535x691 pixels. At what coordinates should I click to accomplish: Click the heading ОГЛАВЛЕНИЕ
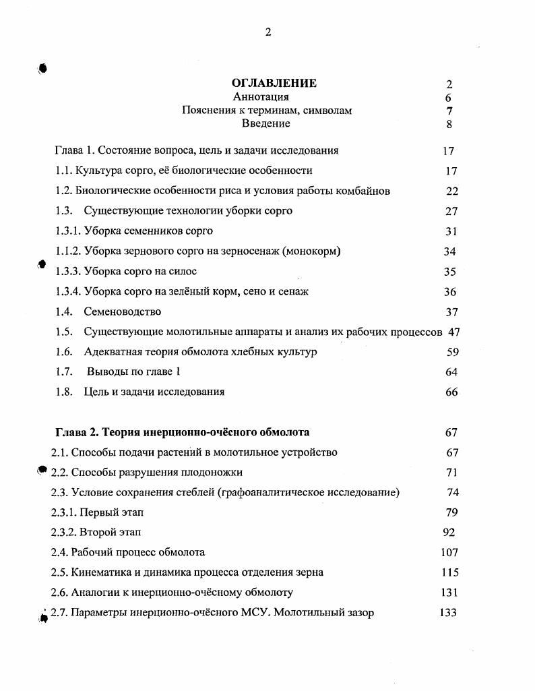click(274, 84)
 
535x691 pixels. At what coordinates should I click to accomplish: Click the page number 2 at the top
click(268, 32)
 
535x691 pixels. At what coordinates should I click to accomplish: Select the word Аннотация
click(266, 97)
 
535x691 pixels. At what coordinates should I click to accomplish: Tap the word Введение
click(266, 123)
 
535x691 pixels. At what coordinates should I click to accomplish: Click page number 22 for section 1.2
click(451, 191)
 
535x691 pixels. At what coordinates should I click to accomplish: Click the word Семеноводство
click(123, 311)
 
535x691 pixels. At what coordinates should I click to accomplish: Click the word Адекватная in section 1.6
click(112, 352)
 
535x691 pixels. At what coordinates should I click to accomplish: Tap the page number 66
click(451, 392)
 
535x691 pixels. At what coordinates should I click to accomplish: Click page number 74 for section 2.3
click(453, 492)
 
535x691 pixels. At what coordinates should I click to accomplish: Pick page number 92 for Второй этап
click(449, 532)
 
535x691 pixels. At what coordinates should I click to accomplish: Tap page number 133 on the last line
click(447, 613)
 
